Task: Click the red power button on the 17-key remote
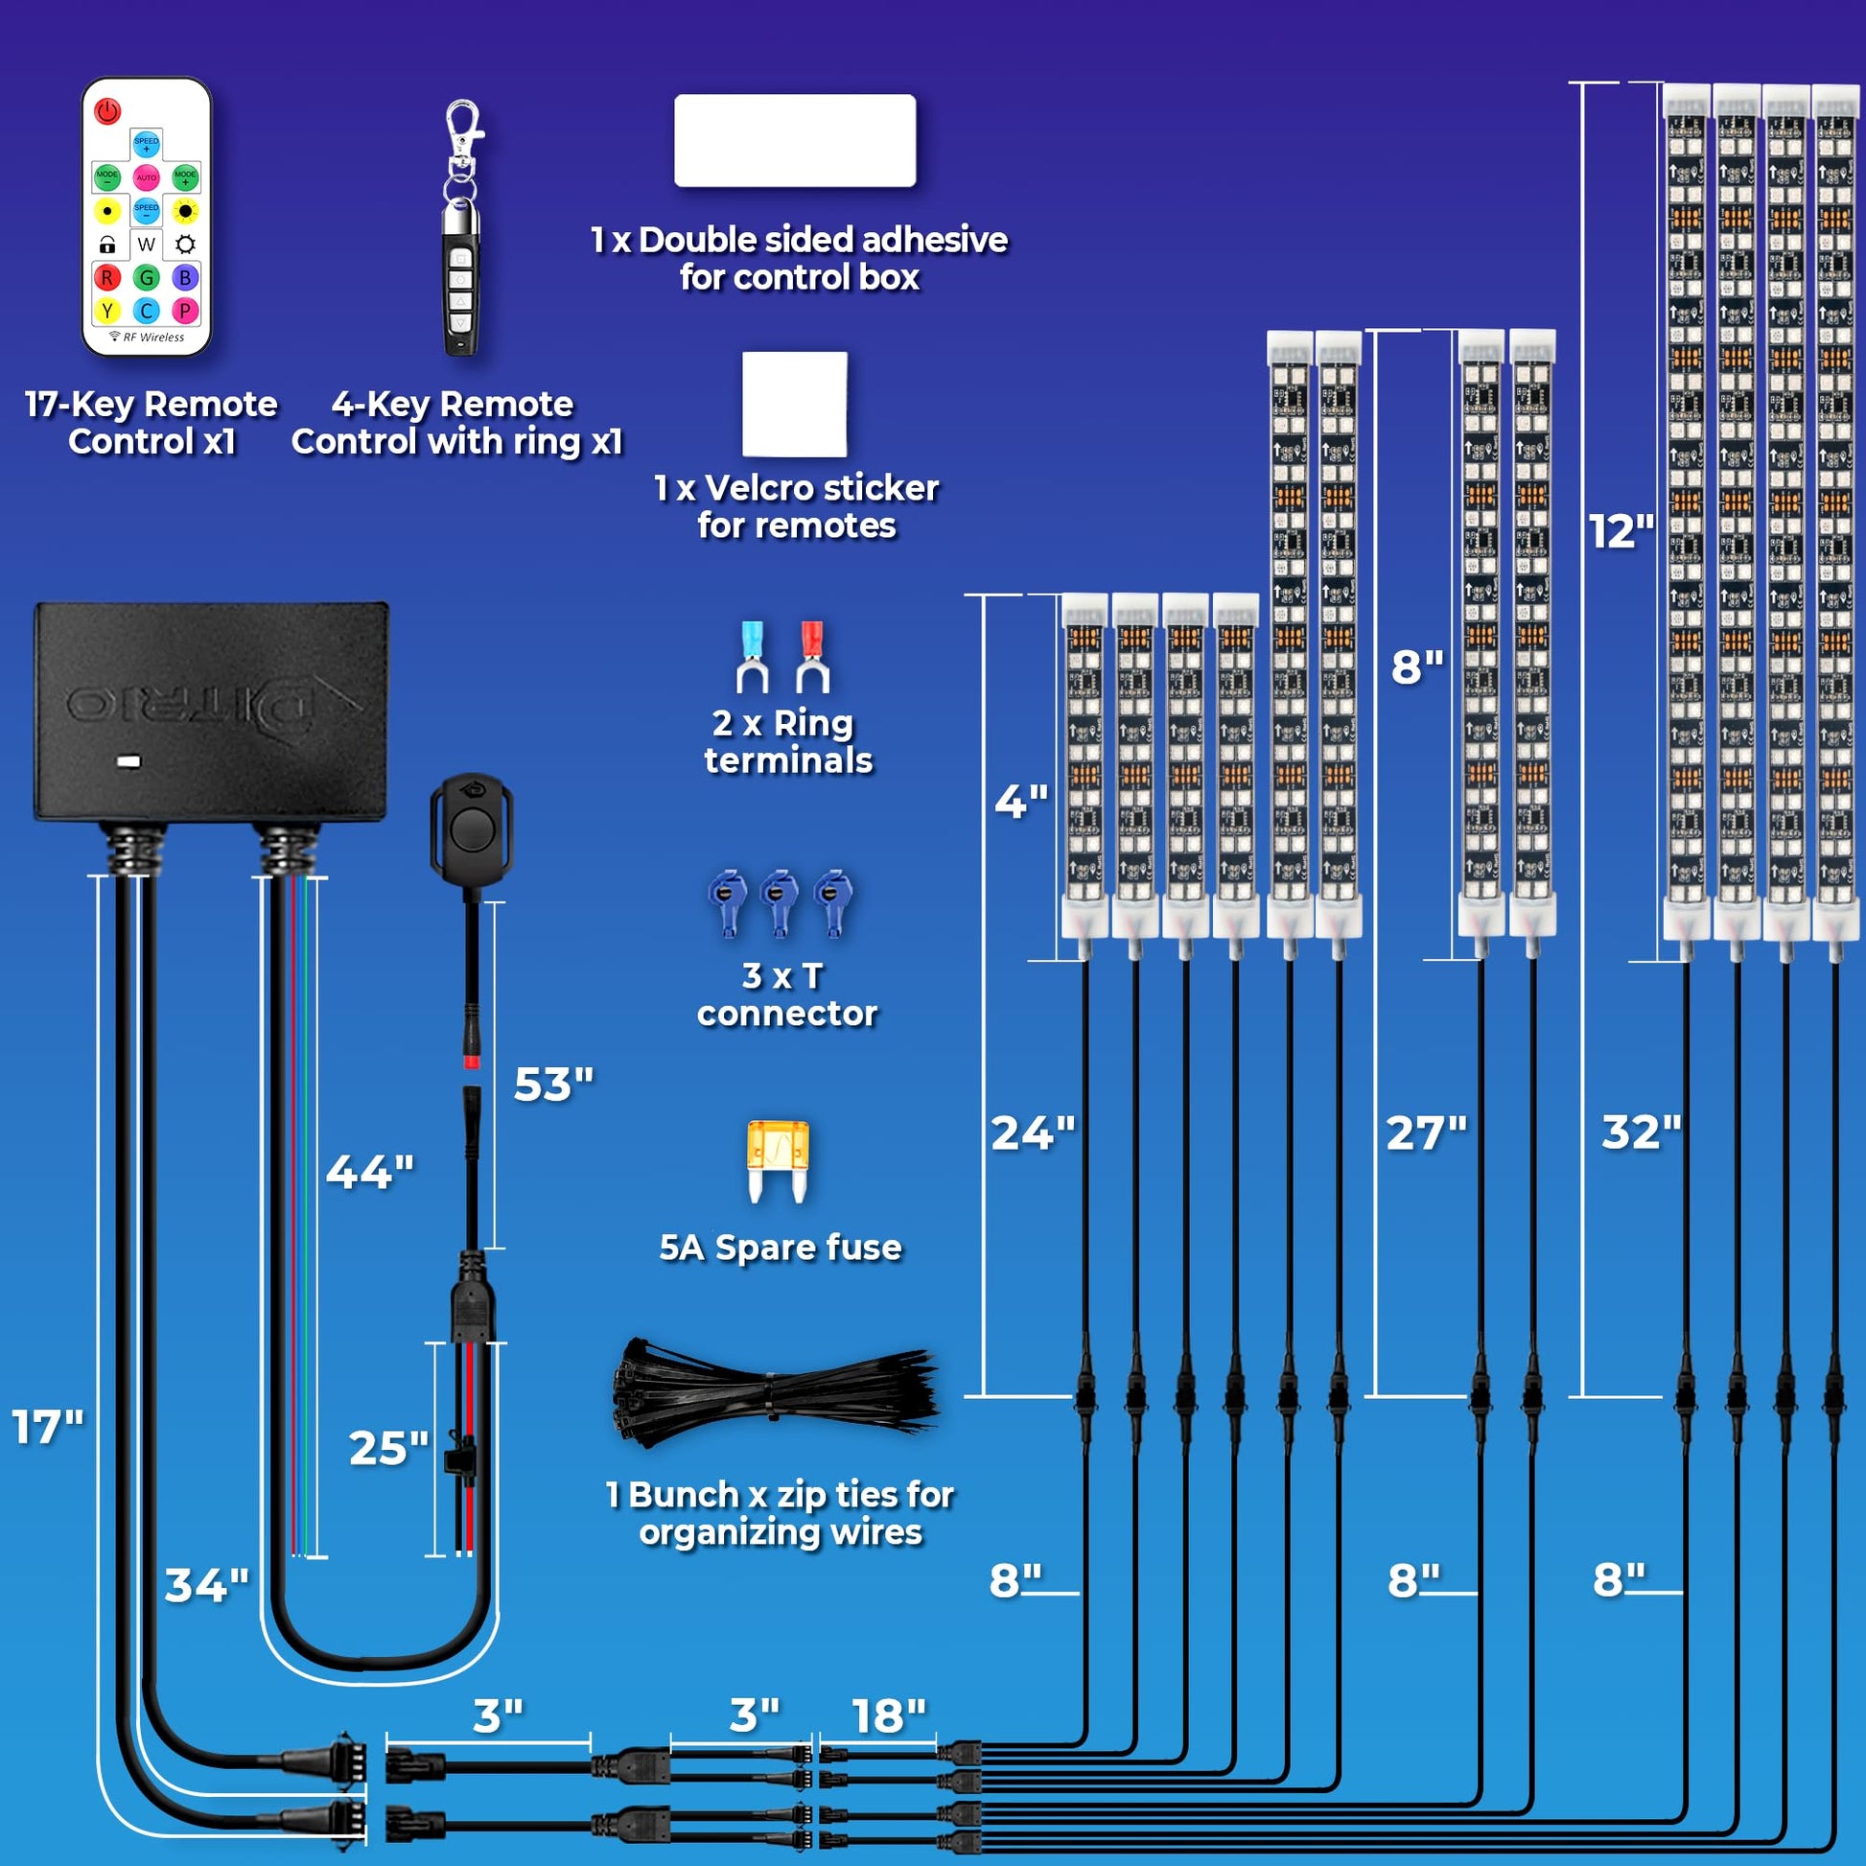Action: [x=107, y=111]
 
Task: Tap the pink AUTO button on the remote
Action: [x=146, y=177]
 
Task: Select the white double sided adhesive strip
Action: [x=794, y=140]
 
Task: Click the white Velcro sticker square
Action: [x=794, y=404]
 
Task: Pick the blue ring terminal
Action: [x=751, y=657]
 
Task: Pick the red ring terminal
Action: [x=811, y=657]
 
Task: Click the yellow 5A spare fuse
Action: [x=778, y=1159]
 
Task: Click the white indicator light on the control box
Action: [x=128, y=762]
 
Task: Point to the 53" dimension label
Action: [x=552, y=1084]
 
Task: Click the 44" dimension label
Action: [x=369, y=1172]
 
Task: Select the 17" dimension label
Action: [x=47, y=1427]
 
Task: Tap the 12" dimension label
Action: [x=1621, y=531]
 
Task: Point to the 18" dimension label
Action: [x=888, y=1716]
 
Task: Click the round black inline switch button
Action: [x=472, y=829]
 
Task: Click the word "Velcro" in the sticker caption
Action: [x=763, y=488]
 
